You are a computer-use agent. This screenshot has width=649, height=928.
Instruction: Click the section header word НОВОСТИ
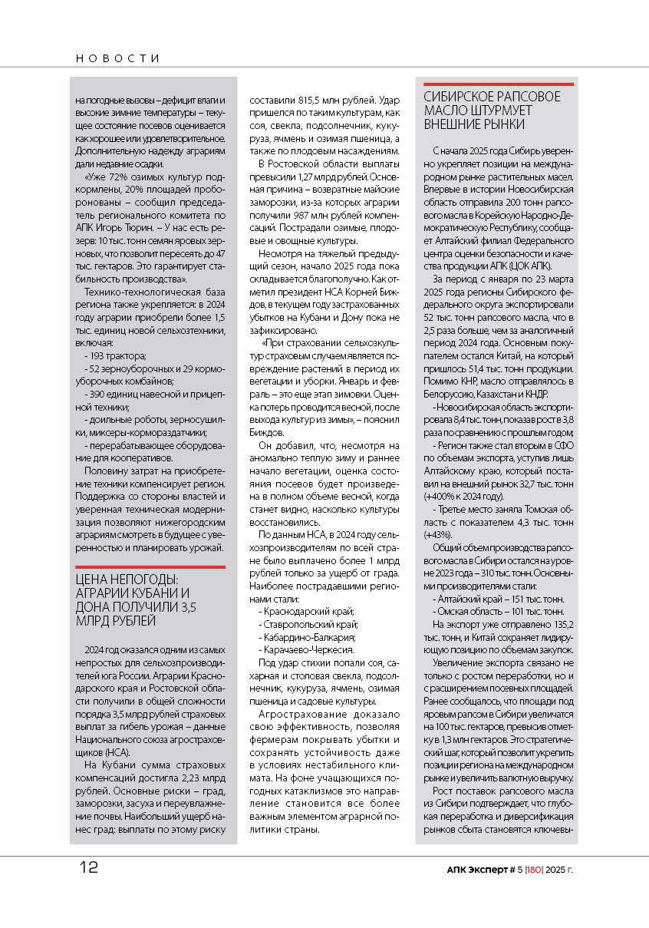(x=118, y=58)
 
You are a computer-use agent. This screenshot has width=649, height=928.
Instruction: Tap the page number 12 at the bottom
(x=88, y=868)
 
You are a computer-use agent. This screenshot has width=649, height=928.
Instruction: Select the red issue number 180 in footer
(x=534, y=870)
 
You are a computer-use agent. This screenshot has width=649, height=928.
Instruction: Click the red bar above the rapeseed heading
(x=498, y=84)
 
